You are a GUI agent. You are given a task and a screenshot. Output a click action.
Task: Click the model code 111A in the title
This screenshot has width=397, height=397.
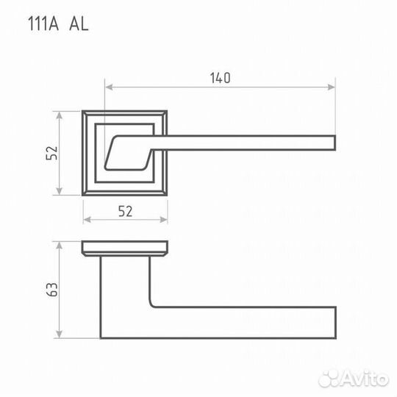tap(43, 24)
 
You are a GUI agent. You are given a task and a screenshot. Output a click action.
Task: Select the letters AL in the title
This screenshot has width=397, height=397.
tap(79, 24)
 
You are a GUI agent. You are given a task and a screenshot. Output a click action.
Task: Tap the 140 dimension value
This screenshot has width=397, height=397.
tap(221, 78)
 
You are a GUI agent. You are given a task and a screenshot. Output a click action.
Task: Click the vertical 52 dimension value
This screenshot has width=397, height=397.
tap(51, 153)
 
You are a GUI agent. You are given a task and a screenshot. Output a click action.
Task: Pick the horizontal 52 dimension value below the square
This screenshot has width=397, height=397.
tap(125, 212)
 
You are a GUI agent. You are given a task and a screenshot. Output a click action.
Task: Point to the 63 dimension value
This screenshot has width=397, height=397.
tap(51, 290)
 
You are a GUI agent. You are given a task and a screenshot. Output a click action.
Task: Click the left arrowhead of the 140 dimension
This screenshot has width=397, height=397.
tap(109, 87)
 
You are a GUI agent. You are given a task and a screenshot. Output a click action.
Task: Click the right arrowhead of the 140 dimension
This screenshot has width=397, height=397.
tap(332, 87)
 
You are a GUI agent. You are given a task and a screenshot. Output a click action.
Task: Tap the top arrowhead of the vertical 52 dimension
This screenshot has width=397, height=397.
tap(59, 115)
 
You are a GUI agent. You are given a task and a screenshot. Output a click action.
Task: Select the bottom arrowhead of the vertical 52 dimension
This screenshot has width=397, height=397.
tap(59, 191)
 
